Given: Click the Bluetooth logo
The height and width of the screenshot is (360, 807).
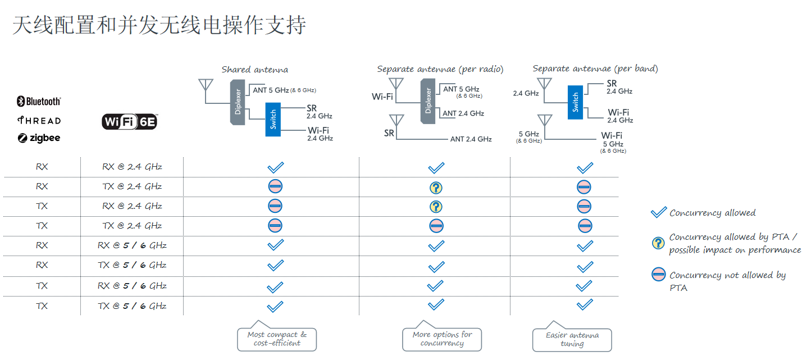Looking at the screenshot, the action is pyautogui.click(x=39, y=102).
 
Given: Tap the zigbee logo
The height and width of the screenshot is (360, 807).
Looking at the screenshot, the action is pyautogui.click(x=39, y=138).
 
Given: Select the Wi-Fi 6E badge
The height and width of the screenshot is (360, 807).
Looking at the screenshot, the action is pyautogui.click(x=130, y=121).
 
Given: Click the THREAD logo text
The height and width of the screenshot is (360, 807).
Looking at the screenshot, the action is pyautogui.click(x=39, y=120).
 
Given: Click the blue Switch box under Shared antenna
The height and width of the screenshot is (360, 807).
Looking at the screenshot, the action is pyautogui.click(x=273, y=120).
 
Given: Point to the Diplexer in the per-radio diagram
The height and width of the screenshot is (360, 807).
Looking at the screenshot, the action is pyautogui.click(x=428, y=101).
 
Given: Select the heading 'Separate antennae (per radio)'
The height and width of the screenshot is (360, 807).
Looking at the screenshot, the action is pyautogui.click(x=440, y=69).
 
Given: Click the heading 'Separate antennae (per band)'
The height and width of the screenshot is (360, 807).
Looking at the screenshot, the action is pyautogui.click(x=595, y=69).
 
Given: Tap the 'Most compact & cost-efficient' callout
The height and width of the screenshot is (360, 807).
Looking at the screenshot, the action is pyautogui.click(x=277, y=339).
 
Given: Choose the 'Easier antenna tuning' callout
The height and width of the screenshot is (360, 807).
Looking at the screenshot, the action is pyautogui.click(x=572, y=339).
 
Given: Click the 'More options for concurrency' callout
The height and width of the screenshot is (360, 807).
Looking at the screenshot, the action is pyautogui.click(x=442, y=339).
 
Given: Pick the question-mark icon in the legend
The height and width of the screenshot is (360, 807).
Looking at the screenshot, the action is pyautogui.click(x=658, y=243).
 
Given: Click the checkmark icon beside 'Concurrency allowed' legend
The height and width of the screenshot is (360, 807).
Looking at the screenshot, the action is pyautogui.click(x=658, y=213).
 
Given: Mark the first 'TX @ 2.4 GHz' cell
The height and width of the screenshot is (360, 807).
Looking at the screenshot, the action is pyautogui.click(x=133, y=186).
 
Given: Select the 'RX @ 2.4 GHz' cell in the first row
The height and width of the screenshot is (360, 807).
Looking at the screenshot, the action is pyautogui.click(x=133, y=167).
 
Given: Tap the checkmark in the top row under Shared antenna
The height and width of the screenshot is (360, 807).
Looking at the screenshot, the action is pyautogui.click(x=275, y=167).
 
